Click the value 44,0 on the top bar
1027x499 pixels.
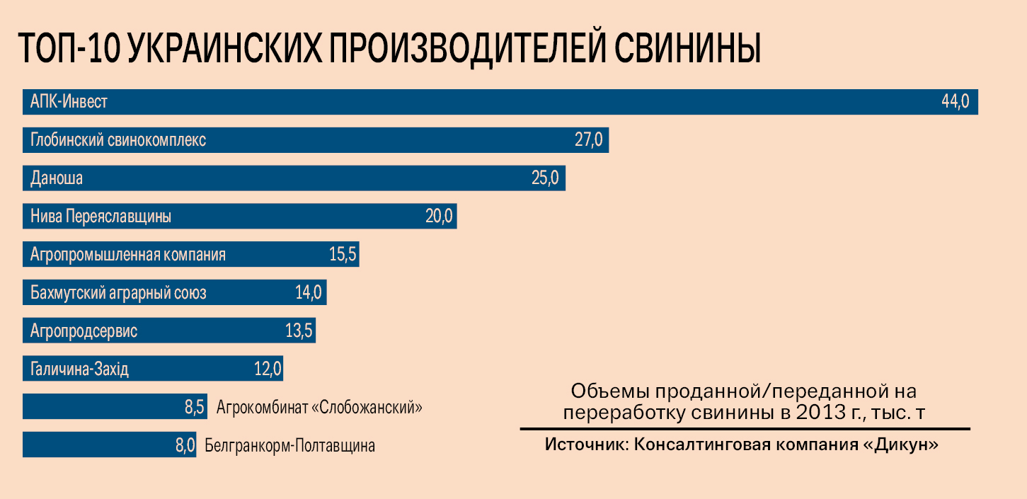pyautogui.click(x=955, y=102)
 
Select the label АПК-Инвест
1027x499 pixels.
pyautogui.click(x=69, y=102)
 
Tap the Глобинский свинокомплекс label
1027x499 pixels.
pyautogui.click(x=118, y=140)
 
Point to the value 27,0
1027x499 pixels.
pyautogui.click(x=588, y=140)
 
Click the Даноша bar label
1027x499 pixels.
pyautogui.click(x=57, y=178)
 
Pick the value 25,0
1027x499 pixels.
pyautogui.click(x=545, y=178)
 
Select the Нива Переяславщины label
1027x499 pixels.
pyautogui.click(x=101, y=217)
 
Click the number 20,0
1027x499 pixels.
pyautogui.click(x=439, y=217)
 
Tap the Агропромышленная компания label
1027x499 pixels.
pyautogui.click(x=128, y=255)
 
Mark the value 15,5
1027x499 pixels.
pyautogui.click(x=343, y=255)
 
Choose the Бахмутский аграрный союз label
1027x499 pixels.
pyautogui.click(x=118, y=293)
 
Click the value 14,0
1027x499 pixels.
pyautogui.click(x=309, y=293)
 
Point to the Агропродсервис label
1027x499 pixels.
pyautogui.click(x=84, y=331)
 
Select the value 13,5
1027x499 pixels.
pyautogui.click(x=299, y=331)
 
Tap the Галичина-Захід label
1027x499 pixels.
pyautogui.click(x=79, y=369)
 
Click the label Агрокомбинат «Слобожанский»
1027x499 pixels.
pyautogui.click(x=319, y=408)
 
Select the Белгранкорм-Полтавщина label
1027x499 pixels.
pyautogui.click(x=289, y=447)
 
